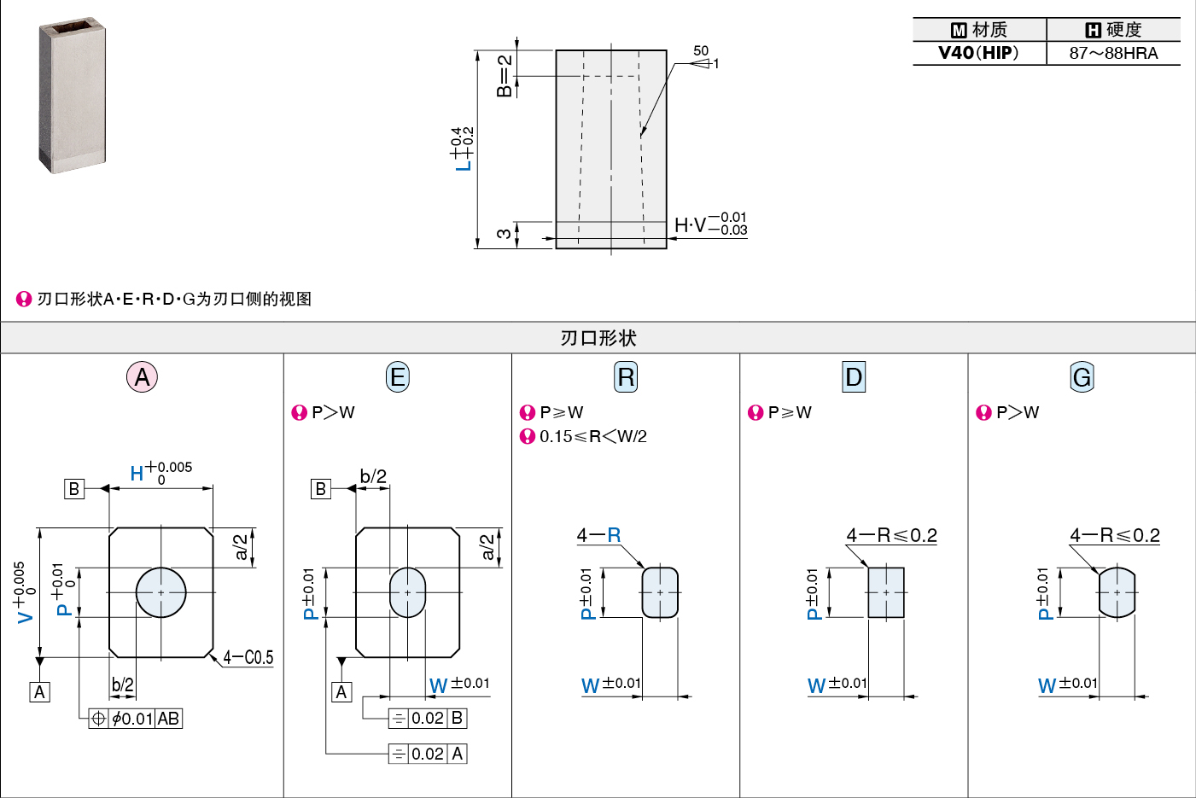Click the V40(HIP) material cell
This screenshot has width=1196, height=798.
978,53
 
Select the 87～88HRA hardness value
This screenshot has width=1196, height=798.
1113,53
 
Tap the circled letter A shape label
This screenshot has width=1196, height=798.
142,377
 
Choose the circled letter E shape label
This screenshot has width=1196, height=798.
397,377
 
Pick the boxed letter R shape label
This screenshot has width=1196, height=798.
625,377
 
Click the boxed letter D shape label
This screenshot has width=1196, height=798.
853,377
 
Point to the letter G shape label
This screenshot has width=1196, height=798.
1082,377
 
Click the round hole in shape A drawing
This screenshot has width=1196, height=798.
160,592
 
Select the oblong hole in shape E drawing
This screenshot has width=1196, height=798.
408,592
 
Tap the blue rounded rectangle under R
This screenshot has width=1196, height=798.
660,592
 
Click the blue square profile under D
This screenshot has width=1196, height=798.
886,592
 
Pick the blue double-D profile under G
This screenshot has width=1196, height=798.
1117,592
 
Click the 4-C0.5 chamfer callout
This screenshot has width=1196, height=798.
248,657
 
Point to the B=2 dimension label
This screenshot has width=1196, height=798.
504,75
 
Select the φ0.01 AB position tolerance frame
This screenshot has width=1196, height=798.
136,719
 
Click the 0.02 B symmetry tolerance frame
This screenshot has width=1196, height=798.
428,718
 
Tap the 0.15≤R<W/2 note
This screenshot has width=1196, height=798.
593,437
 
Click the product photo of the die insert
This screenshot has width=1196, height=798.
72,95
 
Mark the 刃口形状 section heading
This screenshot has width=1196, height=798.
598,338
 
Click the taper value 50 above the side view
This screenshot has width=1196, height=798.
701,50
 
